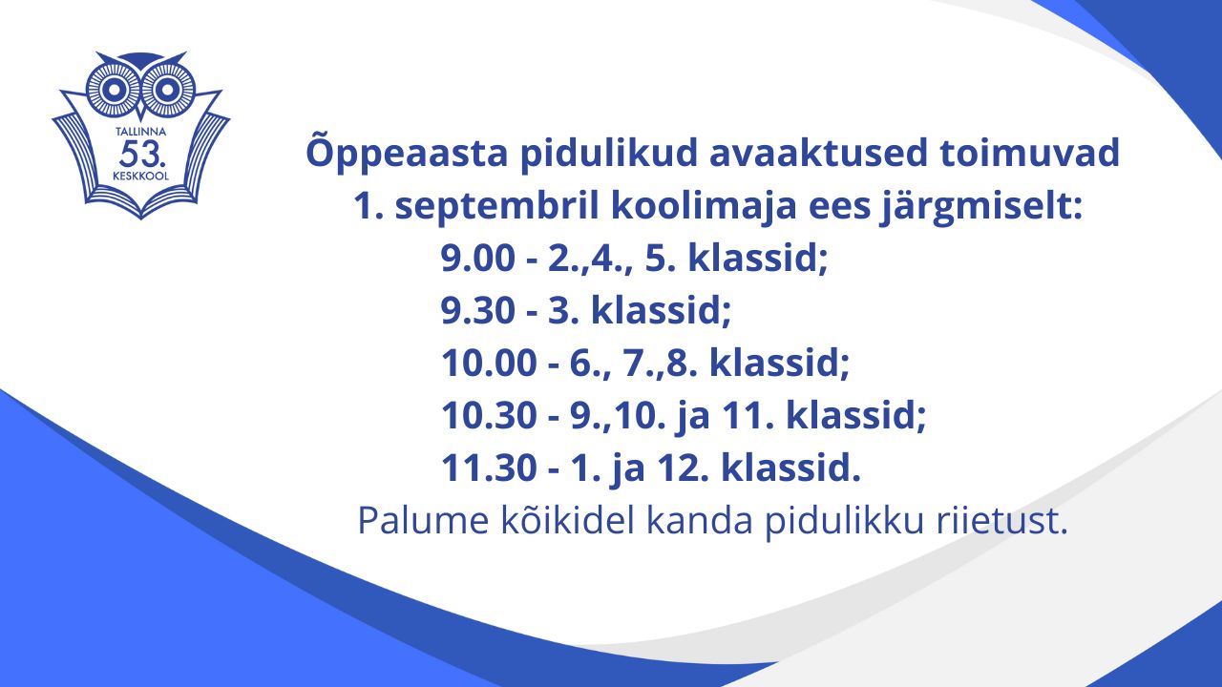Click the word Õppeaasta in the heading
(407, 153)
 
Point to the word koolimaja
(705, 208)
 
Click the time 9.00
(477, 258)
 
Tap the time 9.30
(477, 310)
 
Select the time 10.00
(489, 363)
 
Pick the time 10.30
(489, 415)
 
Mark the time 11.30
(489, 468)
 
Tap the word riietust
(1001, 521)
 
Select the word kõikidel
(567, 521)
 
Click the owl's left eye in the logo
(113, 89)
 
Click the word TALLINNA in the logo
(140, 132)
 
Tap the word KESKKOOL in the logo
(140, 177)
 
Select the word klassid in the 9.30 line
(660, 310)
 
